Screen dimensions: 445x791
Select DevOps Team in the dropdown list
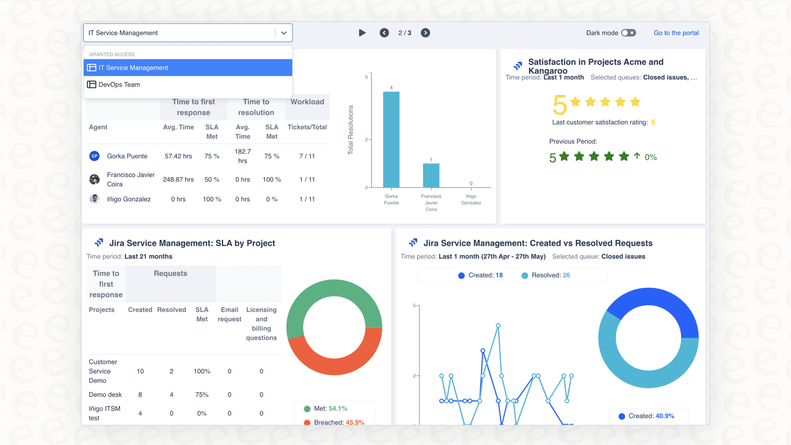click(x=119, y=85)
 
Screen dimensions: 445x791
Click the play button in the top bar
click(x=362, y=33)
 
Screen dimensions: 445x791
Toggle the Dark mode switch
click(x=628, y=33)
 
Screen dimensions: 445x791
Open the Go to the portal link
click(x=676, y=33)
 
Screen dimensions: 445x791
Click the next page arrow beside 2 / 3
click(x=425, y=33)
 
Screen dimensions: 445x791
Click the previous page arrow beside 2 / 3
click(x=384, y=33)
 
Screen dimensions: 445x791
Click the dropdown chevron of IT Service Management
click(x=283, y=33)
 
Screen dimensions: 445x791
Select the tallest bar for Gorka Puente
click(x=391, y=139)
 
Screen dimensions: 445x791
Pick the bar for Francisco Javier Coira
click(x=431, y=175)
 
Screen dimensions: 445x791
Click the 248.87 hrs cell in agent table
click(x=178, y=179)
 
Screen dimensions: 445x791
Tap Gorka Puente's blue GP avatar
click(x=95, y=156)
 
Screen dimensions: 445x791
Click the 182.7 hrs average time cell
click(x=242, y=156)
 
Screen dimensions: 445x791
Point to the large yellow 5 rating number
click(x=559, y=105)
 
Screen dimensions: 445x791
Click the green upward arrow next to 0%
click(x=637, y=156)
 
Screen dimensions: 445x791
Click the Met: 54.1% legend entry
click(x=330, y=408)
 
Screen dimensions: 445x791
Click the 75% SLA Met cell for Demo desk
click(x=202, y=395)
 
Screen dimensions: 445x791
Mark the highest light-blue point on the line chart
click(x=498, y=325)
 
